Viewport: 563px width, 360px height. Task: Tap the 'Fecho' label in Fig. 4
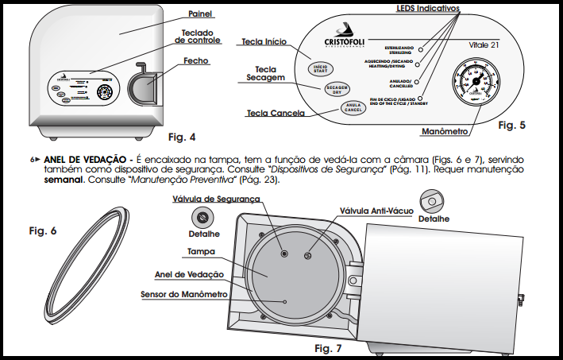196,60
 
